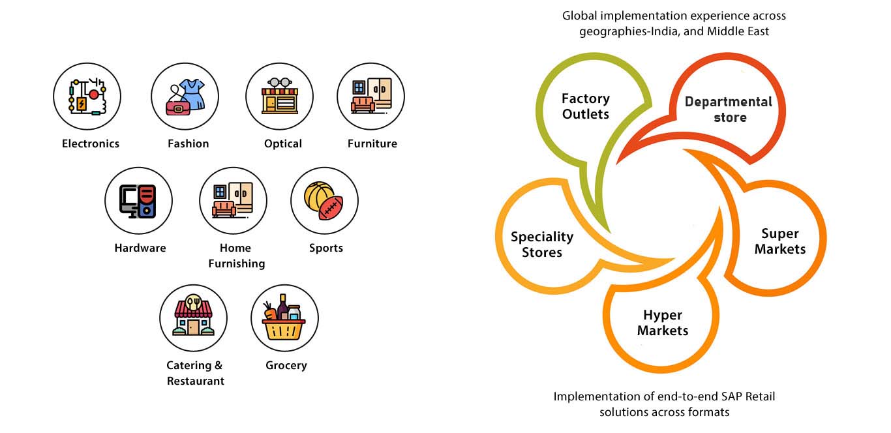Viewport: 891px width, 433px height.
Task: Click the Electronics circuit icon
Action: (x=87, y=97)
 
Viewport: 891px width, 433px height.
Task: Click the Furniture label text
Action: (x=372, y=143)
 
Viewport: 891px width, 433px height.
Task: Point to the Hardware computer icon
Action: (x=138, y=201)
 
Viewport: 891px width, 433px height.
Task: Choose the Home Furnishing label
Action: (x=235, y=256)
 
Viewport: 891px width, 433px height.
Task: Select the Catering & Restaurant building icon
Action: (x=193, y=316)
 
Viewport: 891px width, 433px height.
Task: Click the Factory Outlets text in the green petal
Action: (x=585, y=106)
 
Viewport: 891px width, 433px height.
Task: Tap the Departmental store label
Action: (x=729, y=110)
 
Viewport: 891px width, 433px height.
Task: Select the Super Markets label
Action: (x=780, y=241)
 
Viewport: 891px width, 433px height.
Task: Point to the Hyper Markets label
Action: (x=662, y=323)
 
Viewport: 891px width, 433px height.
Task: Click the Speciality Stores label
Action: (x=541, y=245)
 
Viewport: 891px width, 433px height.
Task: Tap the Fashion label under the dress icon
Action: (x=188, y=143)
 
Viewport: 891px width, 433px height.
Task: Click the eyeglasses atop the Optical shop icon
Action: (x=280, y=83)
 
